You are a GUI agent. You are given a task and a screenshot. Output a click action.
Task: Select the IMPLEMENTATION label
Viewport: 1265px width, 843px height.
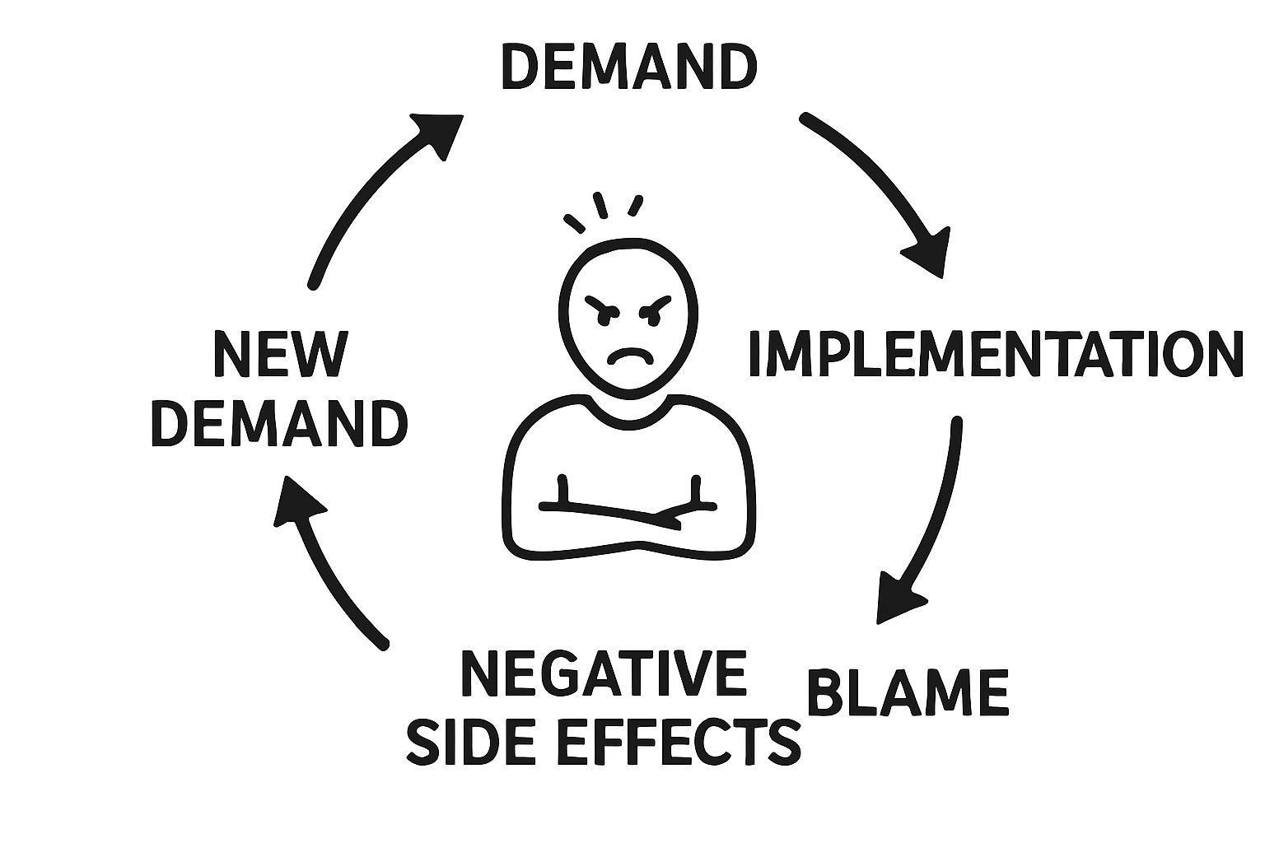(x=994, y=354)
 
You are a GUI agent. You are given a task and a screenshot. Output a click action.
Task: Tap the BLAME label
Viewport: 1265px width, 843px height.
(x=908, y=692)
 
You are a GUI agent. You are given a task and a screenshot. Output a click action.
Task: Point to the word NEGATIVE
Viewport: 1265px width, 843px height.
(x=604, y=673)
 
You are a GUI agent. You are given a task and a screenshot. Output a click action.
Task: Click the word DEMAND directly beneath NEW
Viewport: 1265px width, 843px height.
(x=279, y=424)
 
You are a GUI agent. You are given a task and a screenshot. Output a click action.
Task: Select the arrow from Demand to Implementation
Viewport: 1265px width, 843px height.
(x=881, y=189)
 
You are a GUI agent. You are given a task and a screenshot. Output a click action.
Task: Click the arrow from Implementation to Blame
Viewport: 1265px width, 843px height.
(x=931, y=519)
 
